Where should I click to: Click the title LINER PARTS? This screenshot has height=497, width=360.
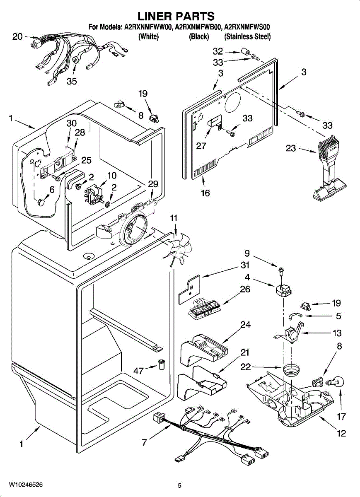point(176,16)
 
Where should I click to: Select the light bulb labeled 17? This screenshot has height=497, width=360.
point(338,382)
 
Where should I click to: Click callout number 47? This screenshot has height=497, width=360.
point(138,371)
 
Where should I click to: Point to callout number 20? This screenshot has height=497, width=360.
point(17,36)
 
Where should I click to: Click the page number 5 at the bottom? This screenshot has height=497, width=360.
point(179,485)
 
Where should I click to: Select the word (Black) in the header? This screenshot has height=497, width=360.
point(198,36)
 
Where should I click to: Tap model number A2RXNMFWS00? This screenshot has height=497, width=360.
point(247,28)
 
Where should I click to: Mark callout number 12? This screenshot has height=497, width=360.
point(341,434)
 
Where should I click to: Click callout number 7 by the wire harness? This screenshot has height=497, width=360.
point(144,442)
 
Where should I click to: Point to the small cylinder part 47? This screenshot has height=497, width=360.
point(161,365)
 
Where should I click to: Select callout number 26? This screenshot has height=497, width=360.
point(245,289)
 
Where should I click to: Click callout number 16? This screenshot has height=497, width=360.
point(205,193)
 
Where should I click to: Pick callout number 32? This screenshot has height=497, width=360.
point(217,51)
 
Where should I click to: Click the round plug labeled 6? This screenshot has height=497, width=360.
point(41,202)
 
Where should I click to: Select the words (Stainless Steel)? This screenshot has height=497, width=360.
point(247,36)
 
